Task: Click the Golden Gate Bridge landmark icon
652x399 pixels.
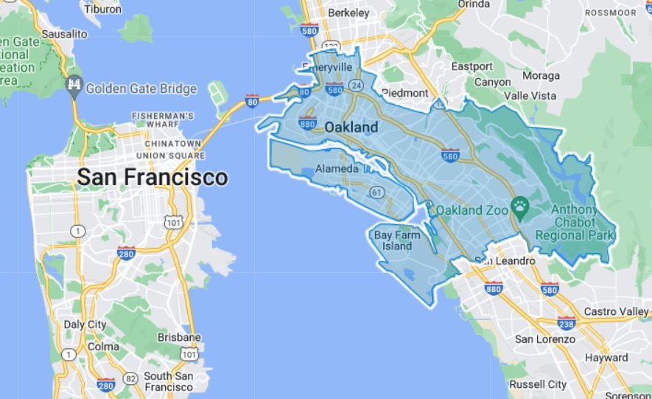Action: (74, 85)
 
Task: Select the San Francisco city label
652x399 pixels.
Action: (153, 178)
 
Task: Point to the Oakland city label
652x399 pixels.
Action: (351, 128)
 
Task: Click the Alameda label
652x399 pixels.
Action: (337, 169)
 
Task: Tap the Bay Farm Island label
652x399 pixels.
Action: (397, 240)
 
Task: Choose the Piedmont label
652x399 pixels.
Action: (404, 93)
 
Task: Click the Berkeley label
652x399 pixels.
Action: (348, 13)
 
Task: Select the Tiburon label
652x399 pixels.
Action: (104, 10)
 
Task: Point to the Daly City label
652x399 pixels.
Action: (85, 324)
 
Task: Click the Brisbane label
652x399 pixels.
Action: (179, 337)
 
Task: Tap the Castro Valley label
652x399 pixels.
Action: (616, 312)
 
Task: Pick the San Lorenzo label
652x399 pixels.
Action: (544, 339)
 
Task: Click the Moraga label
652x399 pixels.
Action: (541, 75)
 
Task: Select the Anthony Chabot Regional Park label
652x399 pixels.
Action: (581, 222)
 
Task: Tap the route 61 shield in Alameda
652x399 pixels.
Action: (377, 192)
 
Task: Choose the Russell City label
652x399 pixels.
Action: (538, 384)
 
